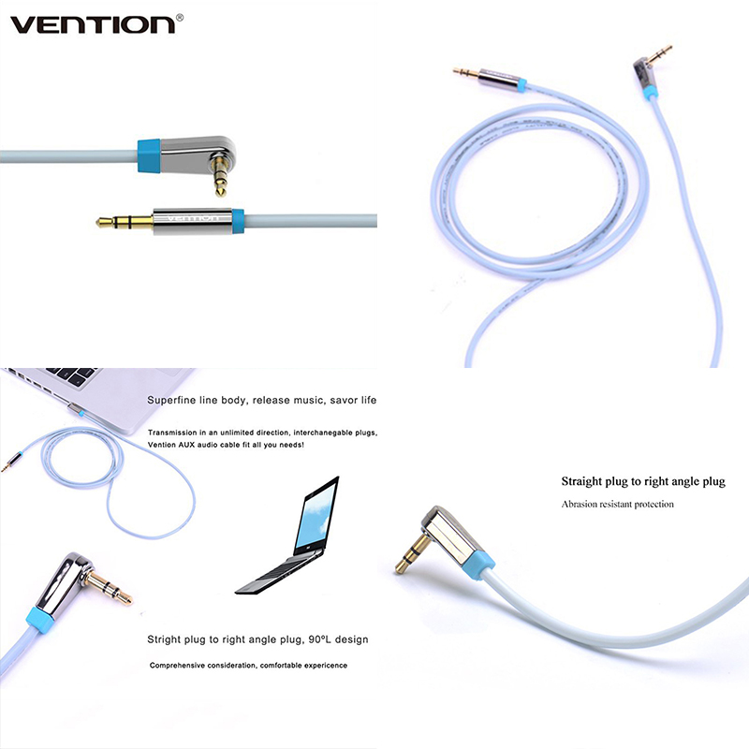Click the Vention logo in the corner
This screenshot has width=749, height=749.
click(93, 25)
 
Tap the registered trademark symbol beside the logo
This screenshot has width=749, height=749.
click(180, 18)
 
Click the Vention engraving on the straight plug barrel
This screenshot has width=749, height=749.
click(191, 219)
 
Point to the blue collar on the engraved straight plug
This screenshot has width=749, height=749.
click(238, 221)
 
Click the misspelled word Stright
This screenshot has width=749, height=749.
click(161, 639)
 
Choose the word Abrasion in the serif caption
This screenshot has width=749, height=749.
click(579, 504)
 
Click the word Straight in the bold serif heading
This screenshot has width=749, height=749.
click(581, 481)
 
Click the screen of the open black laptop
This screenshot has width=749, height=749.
click(316, 515)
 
